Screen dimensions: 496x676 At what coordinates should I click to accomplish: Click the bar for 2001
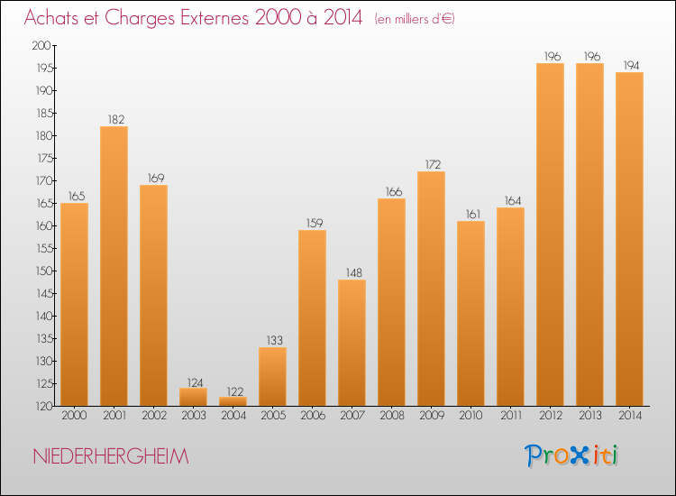coord(114,266)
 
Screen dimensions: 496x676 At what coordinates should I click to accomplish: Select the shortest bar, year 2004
coord(233,401)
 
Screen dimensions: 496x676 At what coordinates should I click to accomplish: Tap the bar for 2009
coord(431,289)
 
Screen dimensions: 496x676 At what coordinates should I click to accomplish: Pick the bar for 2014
coord(629,239)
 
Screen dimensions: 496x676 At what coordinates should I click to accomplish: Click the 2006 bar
coord(312,317)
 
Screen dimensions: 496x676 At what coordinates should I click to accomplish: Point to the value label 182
coord(114,119)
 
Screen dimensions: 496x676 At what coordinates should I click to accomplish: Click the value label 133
coord(272,340)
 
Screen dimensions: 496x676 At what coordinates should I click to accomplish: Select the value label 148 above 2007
coord(352,272)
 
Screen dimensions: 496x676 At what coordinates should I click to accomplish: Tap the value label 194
coord(629,65)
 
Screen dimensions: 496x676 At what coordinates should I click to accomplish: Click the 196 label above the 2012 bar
coord(550,56)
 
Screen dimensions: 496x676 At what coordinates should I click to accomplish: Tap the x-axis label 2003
coord(193,416)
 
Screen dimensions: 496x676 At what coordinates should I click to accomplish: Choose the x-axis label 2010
coord(470,416)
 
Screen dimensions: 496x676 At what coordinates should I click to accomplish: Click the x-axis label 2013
coord(589,416)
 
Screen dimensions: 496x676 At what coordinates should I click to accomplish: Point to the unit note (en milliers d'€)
coord(415,19)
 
